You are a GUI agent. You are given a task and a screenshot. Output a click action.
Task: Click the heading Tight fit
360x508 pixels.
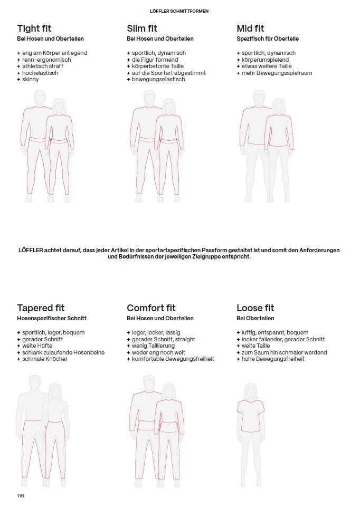(34, 28)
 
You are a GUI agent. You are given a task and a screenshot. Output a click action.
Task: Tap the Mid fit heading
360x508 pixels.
(250, 28)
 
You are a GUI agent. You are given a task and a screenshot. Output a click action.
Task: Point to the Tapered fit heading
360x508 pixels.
(41, 308)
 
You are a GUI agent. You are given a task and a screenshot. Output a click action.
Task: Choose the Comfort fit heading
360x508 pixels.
(151, 308)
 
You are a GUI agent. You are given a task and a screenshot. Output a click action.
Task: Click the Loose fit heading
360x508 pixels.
(256, 308)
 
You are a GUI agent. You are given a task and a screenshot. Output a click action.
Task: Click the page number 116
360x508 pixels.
(21, 495)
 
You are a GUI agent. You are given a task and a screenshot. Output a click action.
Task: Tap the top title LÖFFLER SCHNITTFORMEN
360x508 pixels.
(179, 11)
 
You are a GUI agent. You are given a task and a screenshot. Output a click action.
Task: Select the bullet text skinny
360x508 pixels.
(30, 80)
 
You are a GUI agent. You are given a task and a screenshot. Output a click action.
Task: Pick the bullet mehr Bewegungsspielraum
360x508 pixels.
(277, 73)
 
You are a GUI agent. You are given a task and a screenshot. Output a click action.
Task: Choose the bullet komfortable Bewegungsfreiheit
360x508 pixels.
(173, 359)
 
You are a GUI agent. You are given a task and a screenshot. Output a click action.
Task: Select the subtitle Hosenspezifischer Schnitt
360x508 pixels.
(52, 319)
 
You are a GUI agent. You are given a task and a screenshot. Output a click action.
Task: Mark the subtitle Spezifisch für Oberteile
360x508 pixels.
(268, 39)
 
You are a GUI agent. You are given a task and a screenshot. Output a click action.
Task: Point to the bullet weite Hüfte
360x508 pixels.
(37, 346)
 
